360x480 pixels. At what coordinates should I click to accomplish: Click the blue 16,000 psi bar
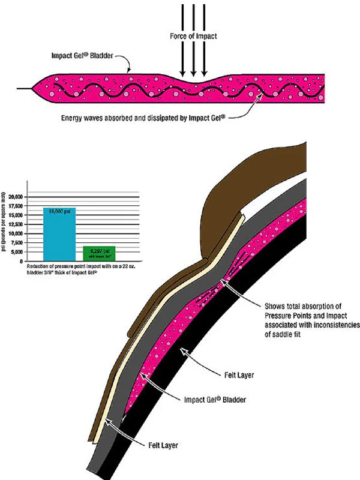point(59,234)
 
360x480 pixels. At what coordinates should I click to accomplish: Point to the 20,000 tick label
point(31,197)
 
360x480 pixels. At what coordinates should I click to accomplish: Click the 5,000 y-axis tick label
point(32,253)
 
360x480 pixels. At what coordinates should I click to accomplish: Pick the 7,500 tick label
point(32,243)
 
